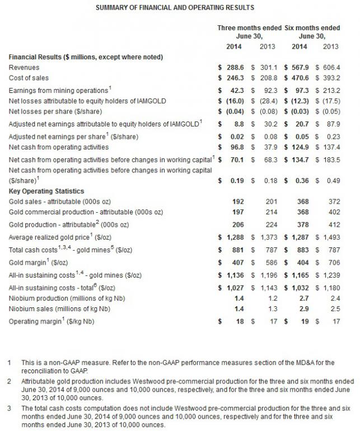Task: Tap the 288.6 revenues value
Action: [x=233, y=67]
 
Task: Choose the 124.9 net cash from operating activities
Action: [x=301, y=147]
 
